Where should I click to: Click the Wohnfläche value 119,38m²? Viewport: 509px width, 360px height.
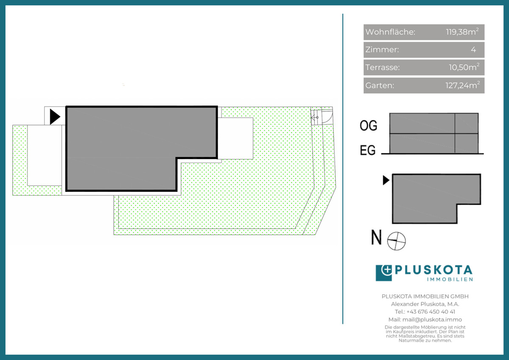coord(462,31)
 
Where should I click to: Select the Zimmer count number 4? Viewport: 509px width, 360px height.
coord(473,50)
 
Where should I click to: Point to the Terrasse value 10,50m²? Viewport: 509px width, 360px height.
coord(464,67)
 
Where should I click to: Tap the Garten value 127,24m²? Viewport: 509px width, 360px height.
coord(462,85)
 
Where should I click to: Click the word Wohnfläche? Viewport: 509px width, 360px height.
coord(390,32)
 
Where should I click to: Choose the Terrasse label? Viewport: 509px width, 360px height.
coord(383,67)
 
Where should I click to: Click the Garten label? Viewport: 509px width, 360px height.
coord(380,85)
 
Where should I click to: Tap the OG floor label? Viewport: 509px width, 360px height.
coord(368,126)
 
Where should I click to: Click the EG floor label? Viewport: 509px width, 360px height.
coord(368,150)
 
